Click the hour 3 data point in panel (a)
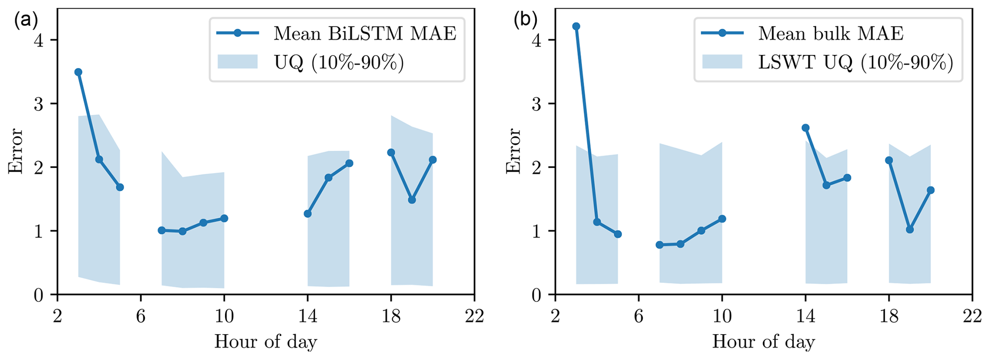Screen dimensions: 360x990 coord(78,72)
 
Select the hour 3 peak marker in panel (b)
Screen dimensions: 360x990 coord(576,26)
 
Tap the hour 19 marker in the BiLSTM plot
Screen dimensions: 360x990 coord(412,200)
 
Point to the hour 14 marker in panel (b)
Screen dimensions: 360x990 coord(806,128)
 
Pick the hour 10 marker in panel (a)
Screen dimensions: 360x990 coord(224,218)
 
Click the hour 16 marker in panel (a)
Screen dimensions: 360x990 coord(349,163)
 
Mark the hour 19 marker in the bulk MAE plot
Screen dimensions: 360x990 coord(910,229)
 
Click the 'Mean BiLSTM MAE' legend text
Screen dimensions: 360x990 coord(364,34)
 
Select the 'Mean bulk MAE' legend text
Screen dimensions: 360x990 coord(831,34)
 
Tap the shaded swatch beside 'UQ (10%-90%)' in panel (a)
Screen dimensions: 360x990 coord(238,62)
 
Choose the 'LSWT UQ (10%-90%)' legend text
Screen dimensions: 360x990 coord(855,62)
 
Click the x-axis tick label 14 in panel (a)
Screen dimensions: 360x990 coord(307,316)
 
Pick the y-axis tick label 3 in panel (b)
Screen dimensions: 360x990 coord(537,103)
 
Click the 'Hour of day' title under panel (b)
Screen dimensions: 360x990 coord(763,342)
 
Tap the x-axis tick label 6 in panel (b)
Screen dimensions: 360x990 coord(638,316)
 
